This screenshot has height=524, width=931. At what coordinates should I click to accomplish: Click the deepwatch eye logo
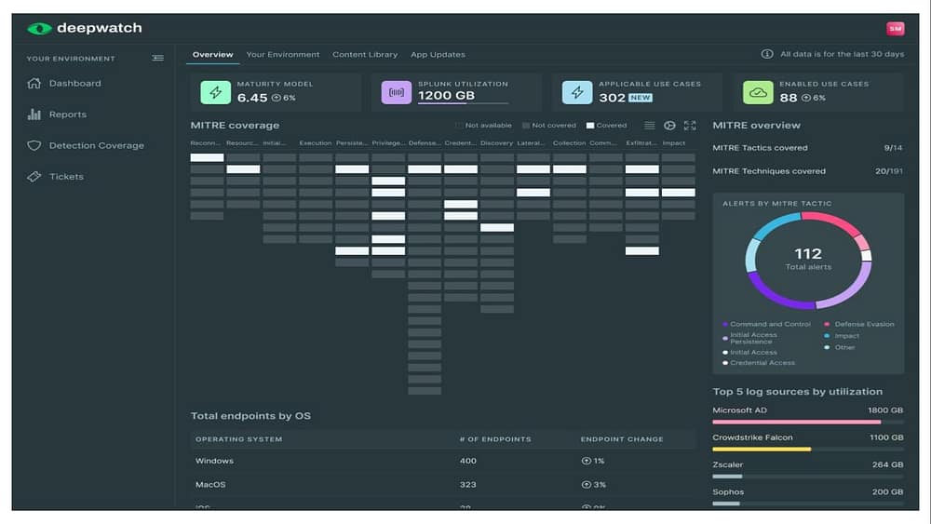[x=39, y=28]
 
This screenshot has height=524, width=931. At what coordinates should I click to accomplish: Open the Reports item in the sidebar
[x=67, y=114]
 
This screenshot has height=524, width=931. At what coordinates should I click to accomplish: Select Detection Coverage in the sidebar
[x=96, y=145]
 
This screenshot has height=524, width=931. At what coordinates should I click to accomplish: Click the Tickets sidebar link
[x=66, y=176]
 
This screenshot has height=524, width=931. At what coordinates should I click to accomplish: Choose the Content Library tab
[x=365, y=55]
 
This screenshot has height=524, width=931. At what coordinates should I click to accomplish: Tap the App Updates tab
[x=438, y=55]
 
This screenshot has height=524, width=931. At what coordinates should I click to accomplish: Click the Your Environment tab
[x=282, y=55]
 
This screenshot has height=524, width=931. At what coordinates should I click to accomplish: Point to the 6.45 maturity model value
[x=252, y=98]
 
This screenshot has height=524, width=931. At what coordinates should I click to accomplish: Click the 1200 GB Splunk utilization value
[x=446, y=96]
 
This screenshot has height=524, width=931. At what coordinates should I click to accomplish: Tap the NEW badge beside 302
[x=641, y=98]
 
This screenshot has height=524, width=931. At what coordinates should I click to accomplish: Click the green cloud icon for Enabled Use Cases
[x=758, y=92]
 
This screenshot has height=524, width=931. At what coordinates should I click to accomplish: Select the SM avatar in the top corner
[x=895, y=29]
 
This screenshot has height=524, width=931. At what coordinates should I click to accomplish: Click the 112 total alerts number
[x=808, y=253]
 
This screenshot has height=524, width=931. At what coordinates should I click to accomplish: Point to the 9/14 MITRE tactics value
[x=893, y=148]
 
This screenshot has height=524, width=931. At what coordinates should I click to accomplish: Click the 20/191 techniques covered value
[x=888, y=171]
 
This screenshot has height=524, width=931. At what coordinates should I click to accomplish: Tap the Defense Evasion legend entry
[x=864, y=324]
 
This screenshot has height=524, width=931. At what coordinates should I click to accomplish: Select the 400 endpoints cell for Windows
[x=467, y=461]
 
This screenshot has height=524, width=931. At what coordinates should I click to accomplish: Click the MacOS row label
[x=210, y=485]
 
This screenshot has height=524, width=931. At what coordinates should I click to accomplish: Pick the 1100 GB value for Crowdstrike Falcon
[x=885, y=437]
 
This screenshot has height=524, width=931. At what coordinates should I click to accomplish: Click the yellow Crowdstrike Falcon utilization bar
[x=762, y=449]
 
